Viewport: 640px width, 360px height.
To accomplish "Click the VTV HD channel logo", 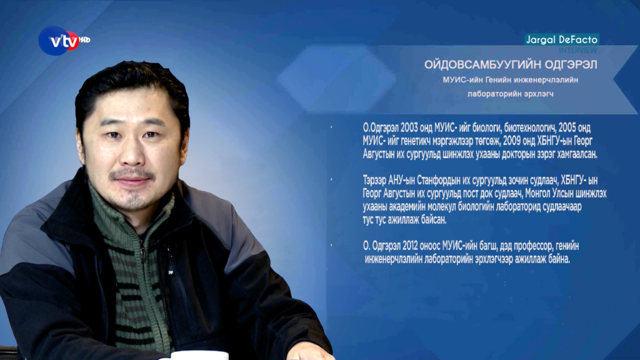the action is tap(64, 41).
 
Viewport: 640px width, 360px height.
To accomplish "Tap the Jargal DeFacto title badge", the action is tap(562, 39).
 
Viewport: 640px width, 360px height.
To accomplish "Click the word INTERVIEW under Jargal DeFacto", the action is tap(577, 50).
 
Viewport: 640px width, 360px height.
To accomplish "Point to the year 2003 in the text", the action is tap(409, 127).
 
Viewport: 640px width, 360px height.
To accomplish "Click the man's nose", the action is tap(131, 154).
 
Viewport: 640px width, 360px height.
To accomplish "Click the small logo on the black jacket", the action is tap(171, 271).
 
